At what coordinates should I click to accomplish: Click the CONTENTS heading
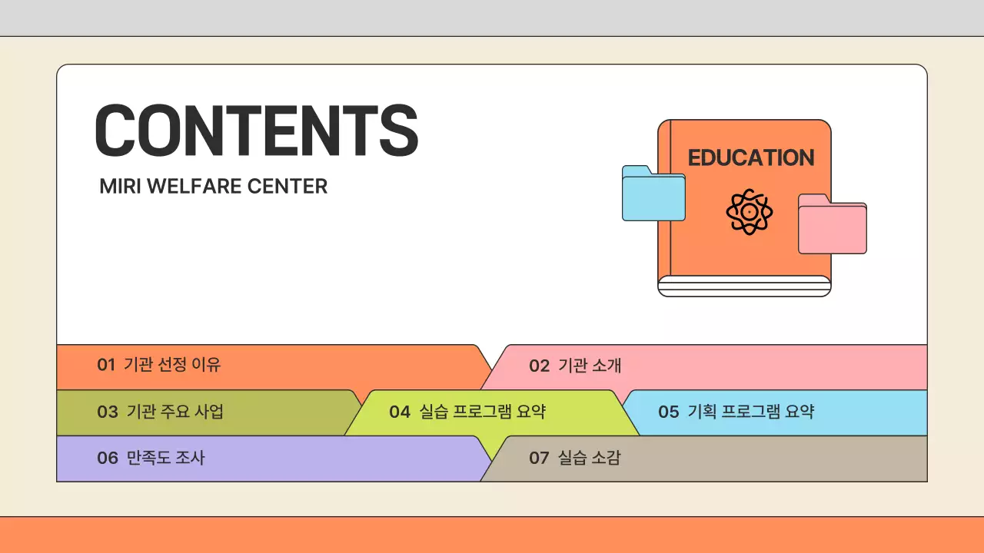256,131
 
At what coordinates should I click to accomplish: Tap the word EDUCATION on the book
750,158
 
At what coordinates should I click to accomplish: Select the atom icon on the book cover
749,211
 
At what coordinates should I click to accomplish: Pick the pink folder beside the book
832,224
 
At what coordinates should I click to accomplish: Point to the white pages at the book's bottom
744,286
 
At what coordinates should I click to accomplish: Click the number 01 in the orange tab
106,365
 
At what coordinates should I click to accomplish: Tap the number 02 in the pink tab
539,366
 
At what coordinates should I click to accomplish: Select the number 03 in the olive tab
108,412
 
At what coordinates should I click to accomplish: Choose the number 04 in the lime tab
400,412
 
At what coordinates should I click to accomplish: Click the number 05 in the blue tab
668,412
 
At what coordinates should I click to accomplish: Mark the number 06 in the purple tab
108,459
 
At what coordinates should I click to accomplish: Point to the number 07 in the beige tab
539,459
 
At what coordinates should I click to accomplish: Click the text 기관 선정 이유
172,365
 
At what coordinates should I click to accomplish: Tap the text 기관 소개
590,366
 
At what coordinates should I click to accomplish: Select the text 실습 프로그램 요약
483,412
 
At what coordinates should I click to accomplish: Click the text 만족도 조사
166,459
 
